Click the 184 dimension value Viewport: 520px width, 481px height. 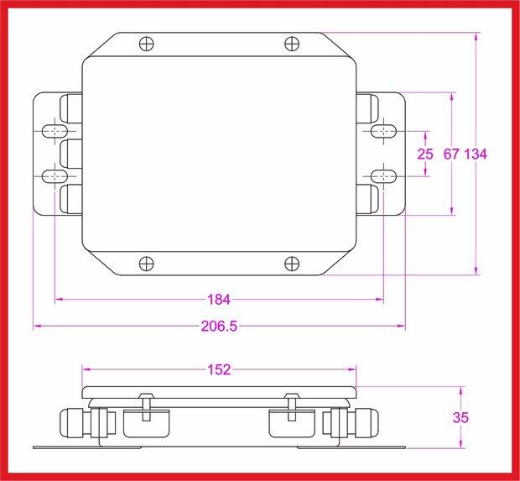[219, 299]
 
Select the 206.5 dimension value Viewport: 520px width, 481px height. [219, 327]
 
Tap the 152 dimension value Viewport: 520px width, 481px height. [219, 369]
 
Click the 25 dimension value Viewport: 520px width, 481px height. [425, 154]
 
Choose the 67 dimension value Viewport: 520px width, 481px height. [451, 154]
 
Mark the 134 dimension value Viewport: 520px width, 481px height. [476, 154]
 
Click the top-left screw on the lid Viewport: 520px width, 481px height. [147, 43]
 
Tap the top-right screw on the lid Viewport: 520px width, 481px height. [291, 43]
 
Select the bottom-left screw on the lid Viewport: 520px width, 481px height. [147, 264]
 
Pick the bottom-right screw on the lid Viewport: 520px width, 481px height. [291, 264]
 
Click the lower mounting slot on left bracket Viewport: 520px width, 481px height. [54, 176]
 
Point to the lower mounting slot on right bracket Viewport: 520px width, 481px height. [384, 176]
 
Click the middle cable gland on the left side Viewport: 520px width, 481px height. [70, 154]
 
